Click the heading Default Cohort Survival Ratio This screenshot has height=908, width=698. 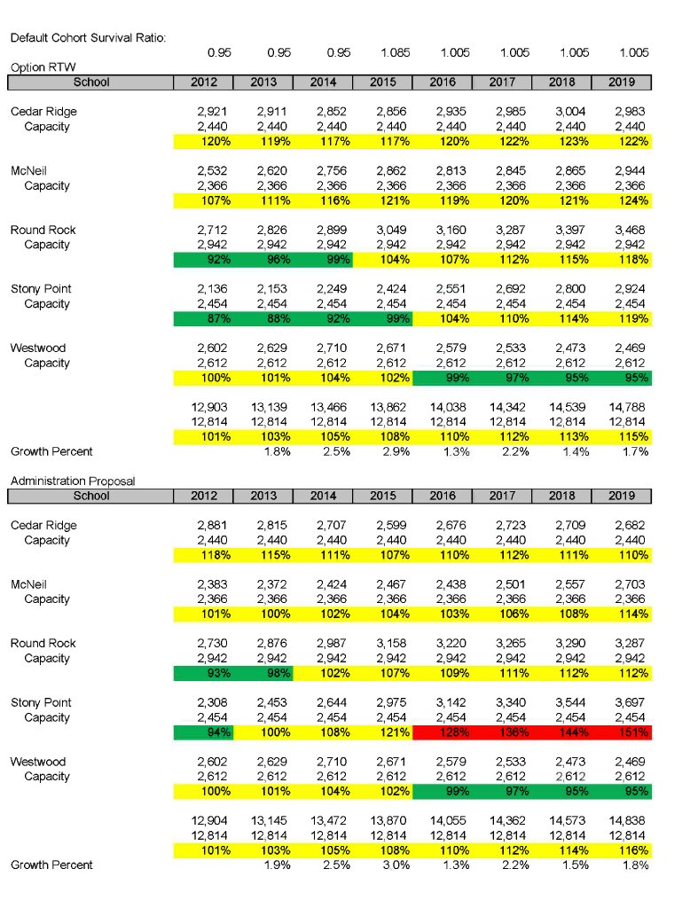pos(88,37)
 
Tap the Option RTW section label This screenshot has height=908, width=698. pos(36,67)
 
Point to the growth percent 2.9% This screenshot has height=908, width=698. pos(395,451)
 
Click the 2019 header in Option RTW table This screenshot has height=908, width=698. pos(622,82)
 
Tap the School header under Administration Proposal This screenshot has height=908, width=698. pos(91,496)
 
